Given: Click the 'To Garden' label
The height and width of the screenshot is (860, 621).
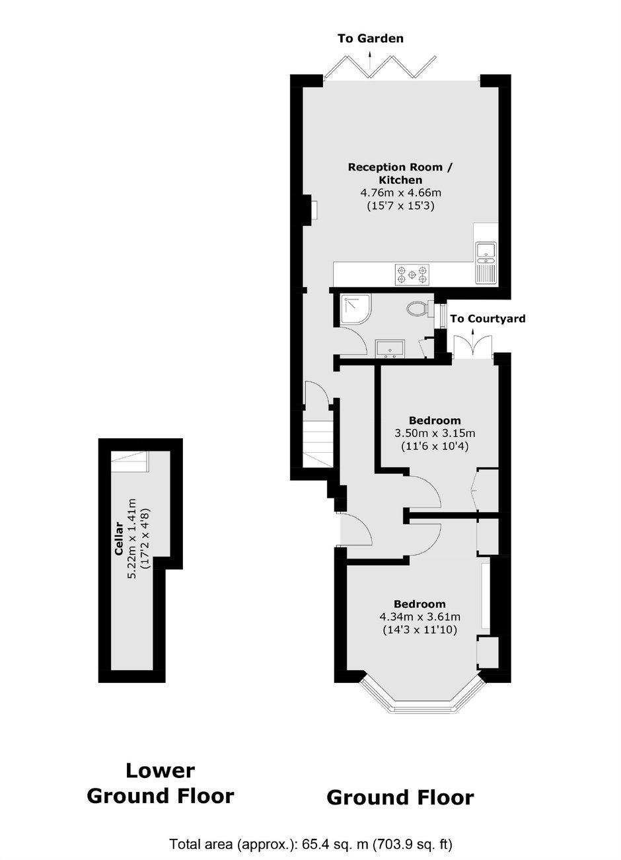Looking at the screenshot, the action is [371, 38].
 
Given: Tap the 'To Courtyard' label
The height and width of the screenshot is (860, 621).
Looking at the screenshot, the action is [488, 319].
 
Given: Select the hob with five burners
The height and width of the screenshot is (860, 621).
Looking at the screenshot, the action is [412, 274].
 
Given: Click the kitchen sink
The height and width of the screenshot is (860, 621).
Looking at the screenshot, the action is [486, 263].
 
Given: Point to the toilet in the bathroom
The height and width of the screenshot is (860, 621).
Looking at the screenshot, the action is [420, 308].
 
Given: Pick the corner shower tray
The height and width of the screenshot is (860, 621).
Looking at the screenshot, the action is [352, 311].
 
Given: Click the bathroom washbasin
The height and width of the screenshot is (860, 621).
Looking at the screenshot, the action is [390, 349].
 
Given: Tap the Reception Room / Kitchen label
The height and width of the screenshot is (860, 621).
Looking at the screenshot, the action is [400, 174].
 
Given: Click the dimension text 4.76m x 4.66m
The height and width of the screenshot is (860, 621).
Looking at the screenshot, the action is [400, 193].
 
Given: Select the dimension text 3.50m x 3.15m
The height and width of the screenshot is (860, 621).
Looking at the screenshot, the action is [435, 434].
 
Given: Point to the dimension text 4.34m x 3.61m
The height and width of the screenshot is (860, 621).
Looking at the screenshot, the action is [420, 617].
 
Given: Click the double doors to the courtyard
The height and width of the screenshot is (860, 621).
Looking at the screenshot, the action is [472, 346].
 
